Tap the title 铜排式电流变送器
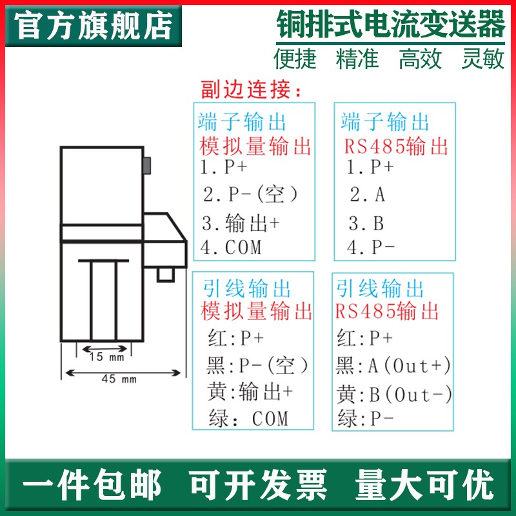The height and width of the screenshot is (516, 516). point(391,26)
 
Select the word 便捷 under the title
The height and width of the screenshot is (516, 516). point(295,60)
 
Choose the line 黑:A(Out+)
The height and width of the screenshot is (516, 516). point(393,366)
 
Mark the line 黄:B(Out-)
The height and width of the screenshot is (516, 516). point(394,394)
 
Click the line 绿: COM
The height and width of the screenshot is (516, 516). point(248,419)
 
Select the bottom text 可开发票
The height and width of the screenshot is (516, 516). point(257,485)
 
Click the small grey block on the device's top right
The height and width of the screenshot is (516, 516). point(148,166)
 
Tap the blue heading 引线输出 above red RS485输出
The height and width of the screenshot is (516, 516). point(381,288)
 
